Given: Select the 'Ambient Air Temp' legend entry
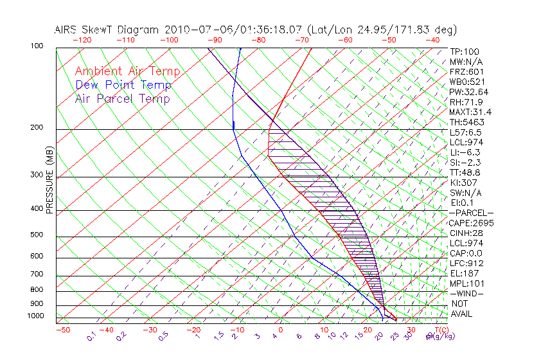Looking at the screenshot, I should (x=127, y=72).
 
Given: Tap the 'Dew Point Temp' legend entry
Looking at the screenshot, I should (x=123, y=85).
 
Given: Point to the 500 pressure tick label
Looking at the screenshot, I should (x=37, y=235).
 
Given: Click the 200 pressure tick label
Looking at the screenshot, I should (x=37, y=128).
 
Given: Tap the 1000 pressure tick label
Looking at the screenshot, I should (x=35, y=316).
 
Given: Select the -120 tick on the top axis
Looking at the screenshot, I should (x=81, y=40).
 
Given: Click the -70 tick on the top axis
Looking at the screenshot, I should (x=301, y=40).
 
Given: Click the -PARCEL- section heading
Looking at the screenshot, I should (x=471, y=213).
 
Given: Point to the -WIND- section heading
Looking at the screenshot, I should (x=467, y=293).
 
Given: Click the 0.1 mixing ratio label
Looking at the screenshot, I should (x=91, y=336).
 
